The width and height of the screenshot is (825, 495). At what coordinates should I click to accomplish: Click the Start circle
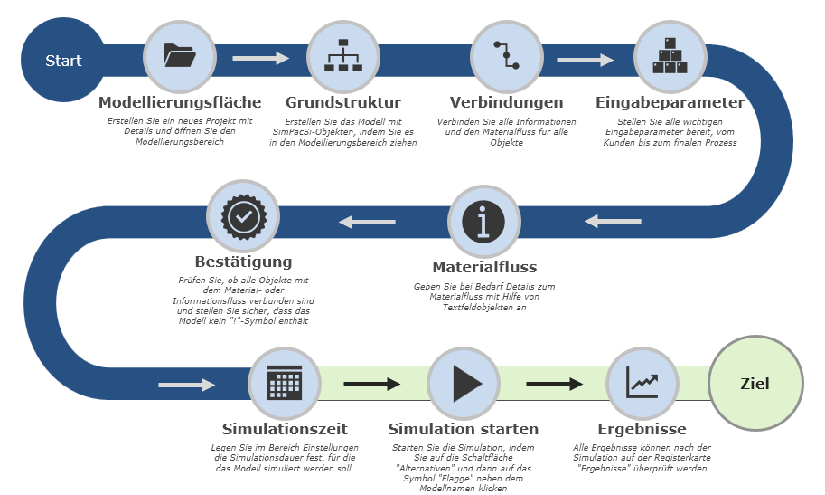click(x=63, y=61)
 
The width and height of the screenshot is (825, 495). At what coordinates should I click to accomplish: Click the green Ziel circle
click(x=755, y=384)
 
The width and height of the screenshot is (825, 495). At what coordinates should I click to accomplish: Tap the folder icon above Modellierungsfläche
click(x=180, y=56)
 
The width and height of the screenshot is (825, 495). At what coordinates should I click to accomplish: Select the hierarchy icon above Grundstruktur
click(x=342, y=56)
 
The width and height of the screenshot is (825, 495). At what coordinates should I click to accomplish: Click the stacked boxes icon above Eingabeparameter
click(x=670, y=56)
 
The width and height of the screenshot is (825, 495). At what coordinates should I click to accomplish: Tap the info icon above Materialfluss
click(x=483, y=222)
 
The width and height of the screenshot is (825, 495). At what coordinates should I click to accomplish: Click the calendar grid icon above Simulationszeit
click(x=284, y=384)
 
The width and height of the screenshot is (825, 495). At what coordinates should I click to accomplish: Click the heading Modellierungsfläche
click(x=180, y=102)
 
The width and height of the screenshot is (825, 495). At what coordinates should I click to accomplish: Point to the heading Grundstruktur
click(x=342, y=102)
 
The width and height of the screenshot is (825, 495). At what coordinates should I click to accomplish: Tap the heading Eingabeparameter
click(x=670, y=102)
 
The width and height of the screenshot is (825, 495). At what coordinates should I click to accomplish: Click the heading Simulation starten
click(x=464, y=429)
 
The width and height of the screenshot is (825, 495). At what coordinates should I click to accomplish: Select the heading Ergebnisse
click(x=642, y=429)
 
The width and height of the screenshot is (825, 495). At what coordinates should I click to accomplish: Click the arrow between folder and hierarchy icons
click(x=260, y=60)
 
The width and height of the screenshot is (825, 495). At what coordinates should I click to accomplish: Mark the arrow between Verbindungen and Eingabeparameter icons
click(x=585, y=61)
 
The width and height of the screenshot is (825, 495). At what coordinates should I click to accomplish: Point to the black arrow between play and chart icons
click(x=554, y=385)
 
